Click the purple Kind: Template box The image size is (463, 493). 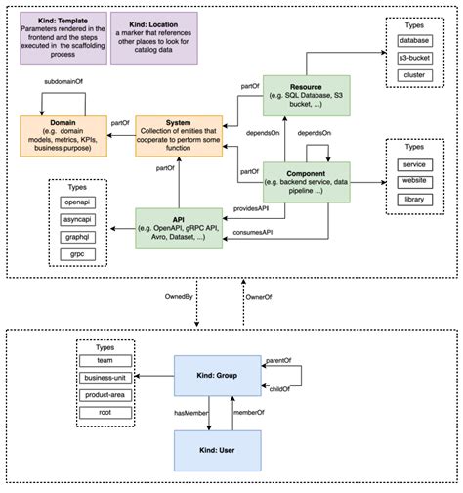coord(63,36)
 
